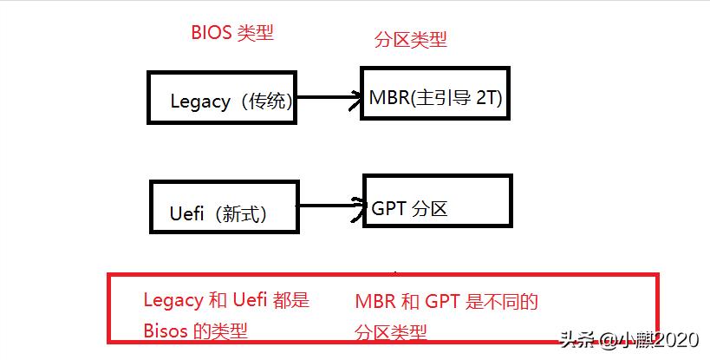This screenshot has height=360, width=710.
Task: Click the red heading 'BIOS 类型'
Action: coord(231,33)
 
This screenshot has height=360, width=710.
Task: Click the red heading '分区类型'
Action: coord(410,40)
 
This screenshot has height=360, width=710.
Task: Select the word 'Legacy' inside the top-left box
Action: coord(200,101)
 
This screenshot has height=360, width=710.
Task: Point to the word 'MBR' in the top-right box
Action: coord(388,97)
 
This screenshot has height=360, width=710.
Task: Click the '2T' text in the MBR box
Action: coord(487,97)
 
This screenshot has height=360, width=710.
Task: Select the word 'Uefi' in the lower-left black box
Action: coord(186,213)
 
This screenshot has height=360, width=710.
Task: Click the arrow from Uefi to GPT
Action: coord(329,206)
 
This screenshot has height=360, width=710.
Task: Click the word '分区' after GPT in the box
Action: coord(430,208)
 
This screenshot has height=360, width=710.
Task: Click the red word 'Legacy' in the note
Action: coord(173,301)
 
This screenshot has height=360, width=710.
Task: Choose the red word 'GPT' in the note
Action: coord(443,303)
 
